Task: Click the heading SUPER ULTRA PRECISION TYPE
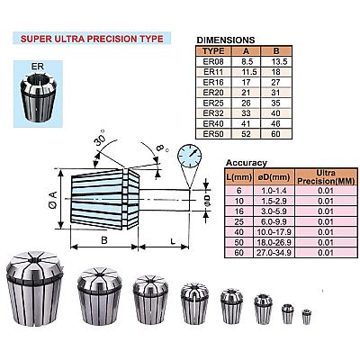pos(92,39)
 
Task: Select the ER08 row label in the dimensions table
pos(213,61)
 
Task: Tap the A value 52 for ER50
pos(246,134)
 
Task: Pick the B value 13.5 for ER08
pos(279,61)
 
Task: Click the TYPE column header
pos(213,50)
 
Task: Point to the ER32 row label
pos(213,113)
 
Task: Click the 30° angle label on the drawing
pos(100,138)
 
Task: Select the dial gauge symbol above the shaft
pos(189,157)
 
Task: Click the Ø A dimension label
pos(53,200)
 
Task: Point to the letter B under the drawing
pos(104,240)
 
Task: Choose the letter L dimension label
pos(173,241)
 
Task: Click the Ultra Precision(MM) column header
pos(326,177)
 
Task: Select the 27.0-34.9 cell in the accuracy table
pos(274,252)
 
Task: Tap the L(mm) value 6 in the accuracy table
pos(239,191)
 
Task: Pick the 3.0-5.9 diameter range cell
pos(274,211)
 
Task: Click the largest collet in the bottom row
pos(35,289)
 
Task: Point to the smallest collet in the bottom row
pos(306,317)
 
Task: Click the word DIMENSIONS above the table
pos(226,40)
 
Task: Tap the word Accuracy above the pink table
pos(247,163)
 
